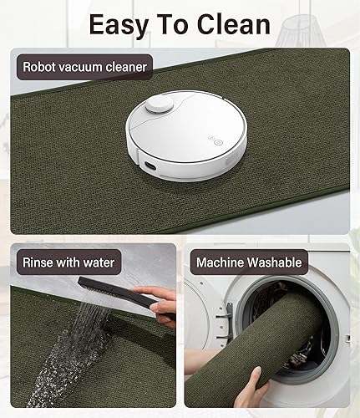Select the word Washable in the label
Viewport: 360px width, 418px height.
(x=274, y=263)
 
